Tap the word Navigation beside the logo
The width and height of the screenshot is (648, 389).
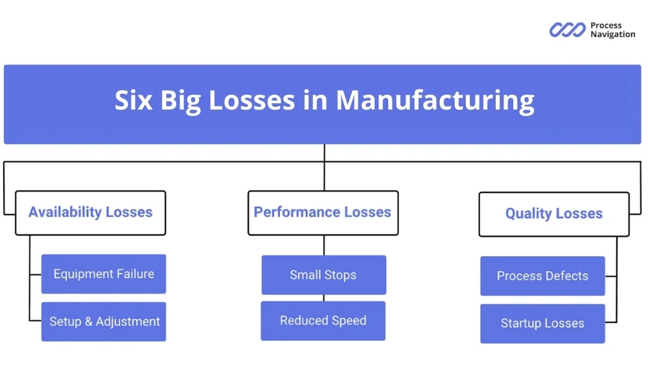coord(612,34)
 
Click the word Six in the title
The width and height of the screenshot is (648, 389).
coord(134,100)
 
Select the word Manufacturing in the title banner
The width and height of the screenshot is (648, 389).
coord(435,100)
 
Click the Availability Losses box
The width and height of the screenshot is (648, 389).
coord(90,213)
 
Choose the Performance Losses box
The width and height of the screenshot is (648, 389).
coord(323,213)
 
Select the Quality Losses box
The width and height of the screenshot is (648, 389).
coord(553,214)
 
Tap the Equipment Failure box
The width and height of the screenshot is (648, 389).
coord(104,274)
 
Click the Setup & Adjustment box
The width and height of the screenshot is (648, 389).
coord(104,322)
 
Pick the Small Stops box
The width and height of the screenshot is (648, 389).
coord(323,275)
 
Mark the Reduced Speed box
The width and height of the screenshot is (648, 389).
coord(323,321)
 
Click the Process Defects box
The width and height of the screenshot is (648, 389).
coord(542,276)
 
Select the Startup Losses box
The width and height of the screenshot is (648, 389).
coord(542,324)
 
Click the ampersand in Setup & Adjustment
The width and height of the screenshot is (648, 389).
coord(89,322)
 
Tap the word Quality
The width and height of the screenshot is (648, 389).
coord(529,214)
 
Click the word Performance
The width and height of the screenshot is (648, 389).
coord(297,212)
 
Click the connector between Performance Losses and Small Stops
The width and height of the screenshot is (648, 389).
coord(323,245)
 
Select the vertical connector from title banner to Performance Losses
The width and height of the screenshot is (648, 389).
coord(324,167)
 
